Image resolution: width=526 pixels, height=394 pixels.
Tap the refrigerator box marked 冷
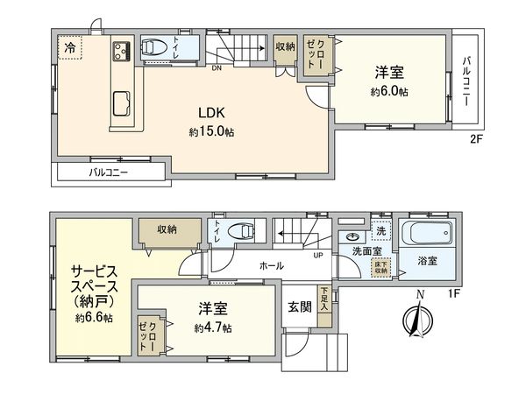[x=69, y=49]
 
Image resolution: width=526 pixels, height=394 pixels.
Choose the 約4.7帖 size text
[x=214, y=327]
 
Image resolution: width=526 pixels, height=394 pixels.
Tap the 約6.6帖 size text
[x=94, y=318]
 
